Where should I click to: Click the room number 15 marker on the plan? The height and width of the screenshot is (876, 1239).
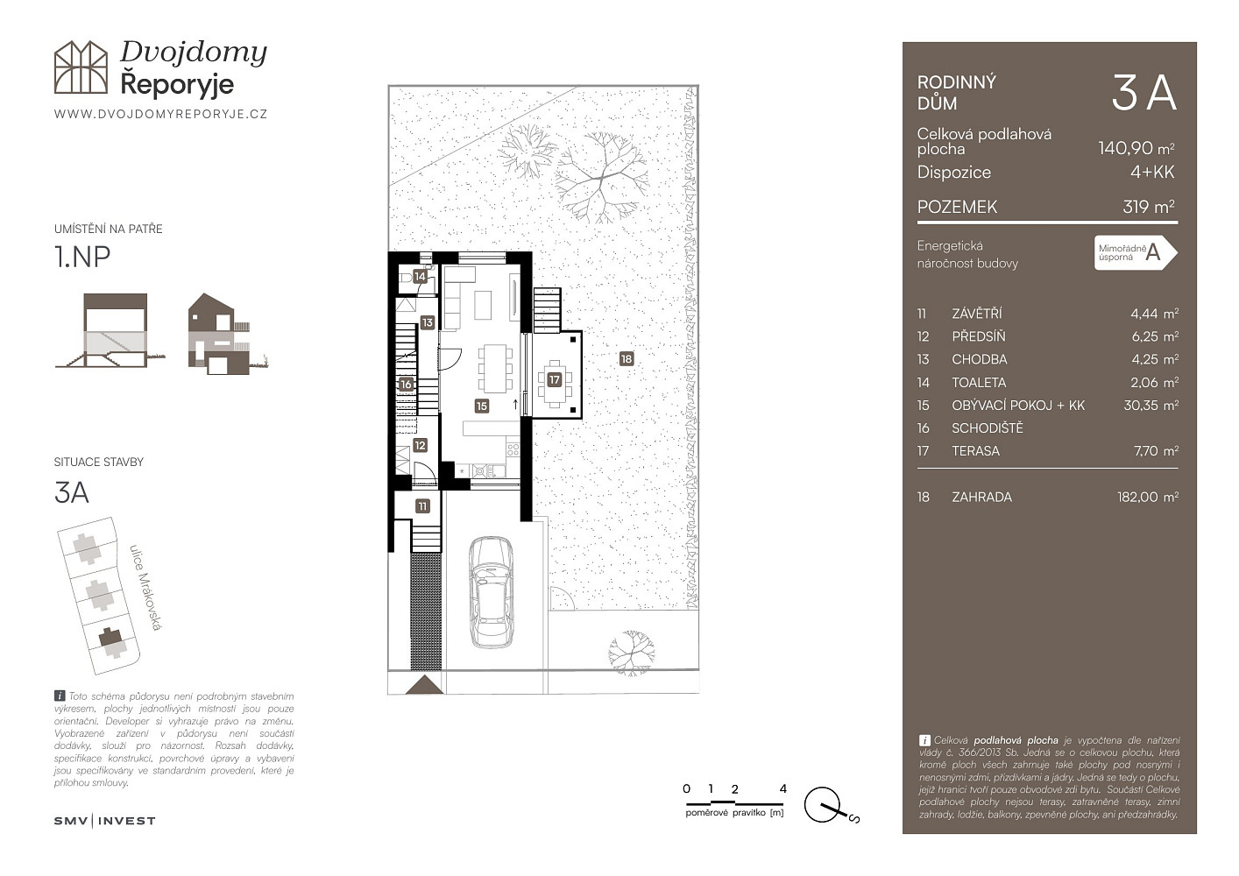click(x=482, y=406)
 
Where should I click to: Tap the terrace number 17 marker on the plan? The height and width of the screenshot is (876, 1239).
click(x=555, y=379)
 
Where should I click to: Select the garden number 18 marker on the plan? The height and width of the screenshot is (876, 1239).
click(x=627, y=359)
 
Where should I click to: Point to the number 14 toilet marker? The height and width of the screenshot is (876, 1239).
click(x=421, y=276)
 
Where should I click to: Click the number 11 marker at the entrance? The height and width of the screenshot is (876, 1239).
click(x=422, y=506)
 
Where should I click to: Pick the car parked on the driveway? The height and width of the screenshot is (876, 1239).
click(x=491, y=592)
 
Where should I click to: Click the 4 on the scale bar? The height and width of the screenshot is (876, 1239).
click(x=782, y=788)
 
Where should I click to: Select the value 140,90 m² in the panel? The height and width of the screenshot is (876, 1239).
click(x=1136, y=148)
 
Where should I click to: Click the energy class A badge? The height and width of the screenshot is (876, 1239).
click(x=1135, y=253)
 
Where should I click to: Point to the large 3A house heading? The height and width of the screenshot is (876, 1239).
click(x=1143, y=94)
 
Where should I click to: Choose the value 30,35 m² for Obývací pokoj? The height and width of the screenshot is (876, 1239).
click(x=1150, y=406)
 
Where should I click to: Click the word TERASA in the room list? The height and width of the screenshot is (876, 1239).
click(x=976, y=451)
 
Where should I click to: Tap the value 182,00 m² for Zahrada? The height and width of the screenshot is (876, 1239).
click(x=1147, y=498)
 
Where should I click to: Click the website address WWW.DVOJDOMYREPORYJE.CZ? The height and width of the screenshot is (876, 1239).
click(x=161, y=114)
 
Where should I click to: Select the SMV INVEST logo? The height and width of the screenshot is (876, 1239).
click(x=104, y=821)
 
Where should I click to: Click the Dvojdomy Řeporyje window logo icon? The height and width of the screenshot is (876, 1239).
click(x=81, y=67)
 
